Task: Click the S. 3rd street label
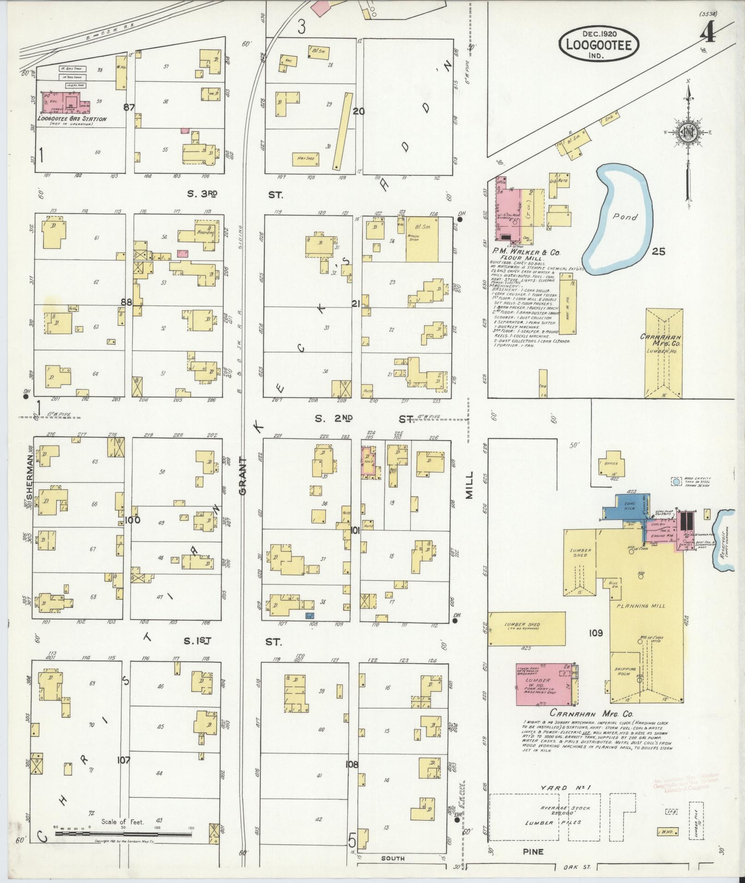(x=202, y=195)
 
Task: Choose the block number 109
(x=595, y=633)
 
